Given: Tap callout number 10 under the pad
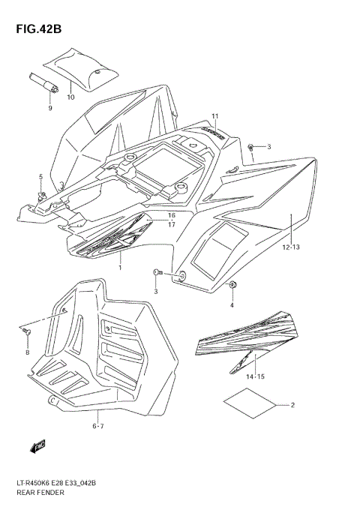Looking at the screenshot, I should click(x=70, y=97).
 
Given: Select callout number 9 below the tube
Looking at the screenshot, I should click(x=51, y=109).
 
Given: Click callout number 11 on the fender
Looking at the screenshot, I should click(x=214, y=115).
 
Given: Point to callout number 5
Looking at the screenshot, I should click(x=41, y=177).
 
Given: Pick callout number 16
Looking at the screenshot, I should click(x=171, y=214).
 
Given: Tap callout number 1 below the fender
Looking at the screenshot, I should click(x=119, y=267).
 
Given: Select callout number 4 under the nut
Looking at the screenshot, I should click(x=232, y=305).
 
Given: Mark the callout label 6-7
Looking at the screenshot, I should click(x=98, y=426).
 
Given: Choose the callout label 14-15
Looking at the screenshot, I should click(x=255, y=376).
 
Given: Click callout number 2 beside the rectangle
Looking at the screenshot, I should click(x=292, y=406).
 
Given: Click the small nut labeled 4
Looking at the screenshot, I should click(x=232, y=285).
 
